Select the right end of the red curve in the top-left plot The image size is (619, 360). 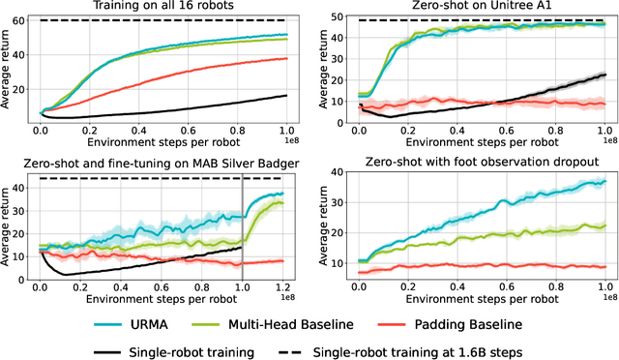coord(287,58)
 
